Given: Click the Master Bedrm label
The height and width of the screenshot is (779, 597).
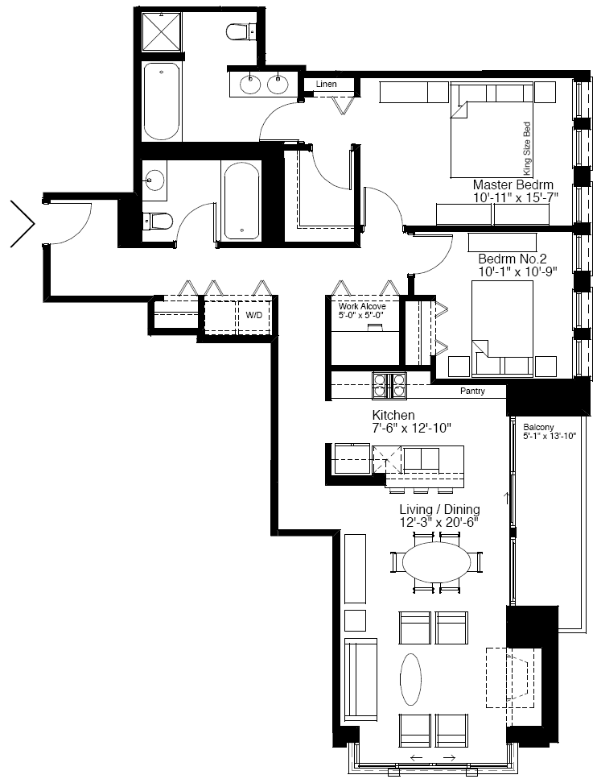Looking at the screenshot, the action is coord(513,184).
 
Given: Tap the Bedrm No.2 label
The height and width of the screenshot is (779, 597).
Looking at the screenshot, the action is coord(513,259).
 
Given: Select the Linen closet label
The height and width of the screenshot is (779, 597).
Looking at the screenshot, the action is coord(326,84).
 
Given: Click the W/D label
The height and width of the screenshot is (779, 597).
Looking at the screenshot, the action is coord(253,315).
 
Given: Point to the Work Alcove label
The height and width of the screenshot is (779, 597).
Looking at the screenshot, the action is coord(362,306).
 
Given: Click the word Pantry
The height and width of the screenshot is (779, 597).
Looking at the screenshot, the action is coord(472,391).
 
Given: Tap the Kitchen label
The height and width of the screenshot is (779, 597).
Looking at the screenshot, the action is coord(393,415).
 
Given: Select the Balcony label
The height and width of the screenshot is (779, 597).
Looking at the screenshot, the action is coord(538,427).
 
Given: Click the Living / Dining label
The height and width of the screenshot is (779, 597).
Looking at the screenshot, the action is coord(439,509).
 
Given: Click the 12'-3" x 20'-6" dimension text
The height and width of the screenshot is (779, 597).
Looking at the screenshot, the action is coord(439,522).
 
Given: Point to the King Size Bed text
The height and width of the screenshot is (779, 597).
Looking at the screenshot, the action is coord(527,148).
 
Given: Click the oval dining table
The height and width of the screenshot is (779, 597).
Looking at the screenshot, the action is coord(437,562).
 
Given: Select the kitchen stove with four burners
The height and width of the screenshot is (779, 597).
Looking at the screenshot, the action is coord(389,386).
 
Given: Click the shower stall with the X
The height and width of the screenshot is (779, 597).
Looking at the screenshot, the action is coord(162,31).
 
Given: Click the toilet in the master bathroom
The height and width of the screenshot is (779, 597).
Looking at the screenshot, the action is coord(241,33).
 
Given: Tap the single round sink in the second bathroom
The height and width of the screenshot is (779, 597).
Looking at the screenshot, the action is coord(154,180).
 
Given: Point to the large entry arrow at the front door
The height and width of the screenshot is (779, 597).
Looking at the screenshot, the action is coord(23,224).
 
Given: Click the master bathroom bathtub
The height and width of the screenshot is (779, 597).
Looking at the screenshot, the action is coord(161,102).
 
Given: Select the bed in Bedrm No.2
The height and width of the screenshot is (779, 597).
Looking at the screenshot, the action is coord(503,329).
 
